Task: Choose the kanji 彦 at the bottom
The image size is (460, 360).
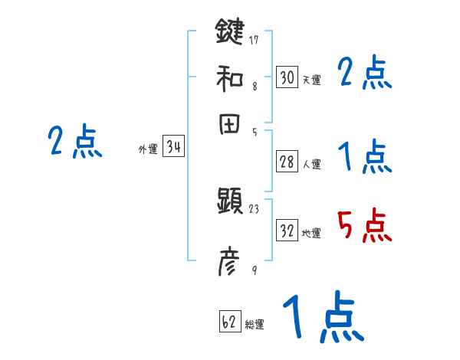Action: [x=230, y=264]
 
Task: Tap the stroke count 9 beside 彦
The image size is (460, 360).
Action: [x=254, y=269]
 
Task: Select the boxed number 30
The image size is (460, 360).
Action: [x=287, y=77]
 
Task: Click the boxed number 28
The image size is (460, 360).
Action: [x=287, y=162]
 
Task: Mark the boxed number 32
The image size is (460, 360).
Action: [x=287, y=231]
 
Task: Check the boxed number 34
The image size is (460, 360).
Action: [x=173, y=148]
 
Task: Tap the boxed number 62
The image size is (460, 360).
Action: [x=229, y=322]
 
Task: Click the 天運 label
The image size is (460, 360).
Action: [x=311, y=80]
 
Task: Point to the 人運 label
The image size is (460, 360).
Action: [x=311, y=164]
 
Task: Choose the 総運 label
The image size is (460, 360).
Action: [x=255, y=325]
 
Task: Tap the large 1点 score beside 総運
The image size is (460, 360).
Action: [x=322, y=317]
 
